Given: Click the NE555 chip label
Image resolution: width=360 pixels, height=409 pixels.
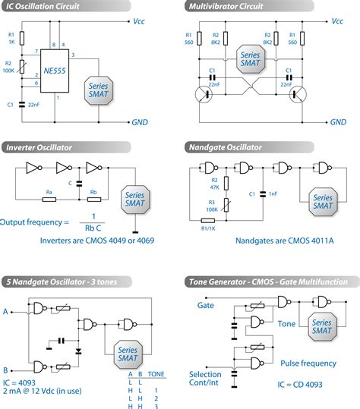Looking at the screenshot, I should pyautogui.click(x=56, y=69).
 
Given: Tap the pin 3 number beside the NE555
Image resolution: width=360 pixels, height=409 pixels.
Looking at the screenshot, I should pyautogui.click(x=72, y=55).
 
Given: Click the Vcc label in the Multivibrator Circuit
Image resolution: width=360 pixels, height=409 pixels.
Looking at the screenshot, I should pyautogui.click(x=337, y=22).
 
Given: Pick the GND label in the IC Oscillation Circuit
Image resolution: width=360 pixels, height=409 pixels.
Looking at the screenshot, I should pyautogui.click(x=140, y=121).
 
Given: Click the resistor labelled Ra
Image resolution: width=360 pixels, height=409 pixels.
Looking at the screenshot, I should pyautogui.click(x=49, y=200).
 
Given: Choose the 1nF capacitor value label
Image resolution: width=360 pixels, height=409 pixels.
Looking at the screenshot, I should pyautogui.click(x=273, y=194).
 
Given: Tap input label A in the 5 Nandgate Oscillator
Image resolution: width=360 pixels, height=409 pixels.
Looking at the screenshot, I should pyautogui.click(x=7, y=311).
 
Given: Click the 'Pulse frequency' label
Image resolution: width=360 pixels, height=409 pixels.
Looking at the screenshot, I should pyautogui.click(x=308, y=363).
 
